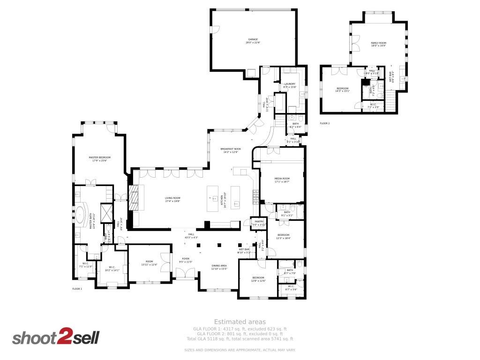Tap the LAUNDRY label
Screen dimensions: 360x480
(290, 85)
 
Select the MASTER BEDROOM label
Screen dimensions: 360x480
(99, 159)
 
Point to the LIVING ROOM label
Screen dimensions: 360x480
(172, 200)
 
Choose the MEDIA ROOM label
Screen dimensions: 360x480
(282, 180)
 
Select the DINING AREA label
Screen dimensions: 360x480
(219, 267)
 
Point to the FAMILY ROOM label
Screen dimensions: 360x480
(378, 44)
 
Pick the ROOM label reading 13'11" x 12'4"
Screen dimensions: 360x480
(149, 263)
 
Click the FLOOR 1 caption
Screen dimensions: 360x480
(77, 289)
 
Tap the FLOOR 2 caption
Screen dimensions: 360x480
(325, 123)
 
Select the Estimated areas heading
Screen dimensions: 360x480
(240, 322)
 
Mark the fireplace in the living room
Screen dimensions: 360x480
(134, 198)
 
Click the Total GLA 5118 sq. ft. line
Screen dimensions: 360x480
(240, 338)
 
